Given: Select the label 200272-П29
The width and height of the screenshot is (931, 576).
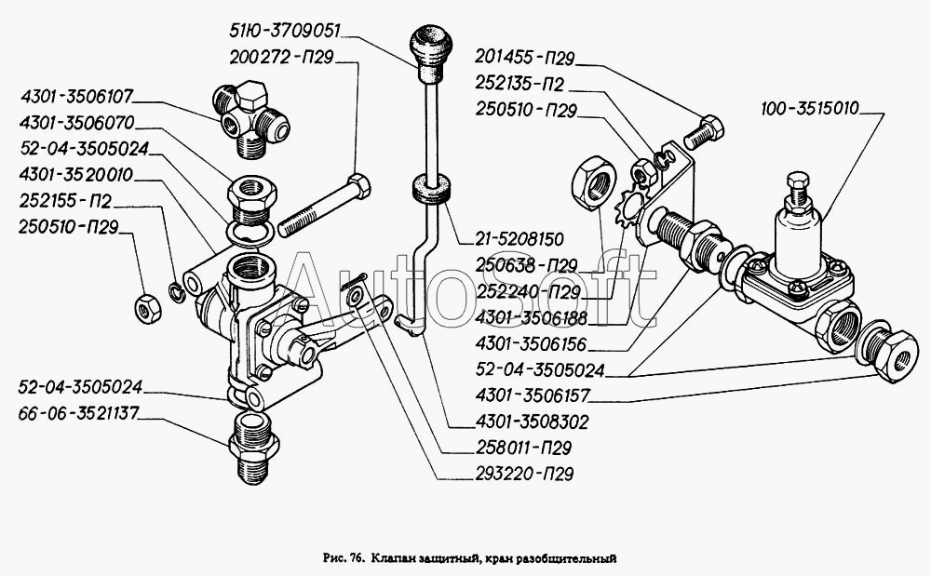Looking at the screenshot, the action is click(x=281, y=57).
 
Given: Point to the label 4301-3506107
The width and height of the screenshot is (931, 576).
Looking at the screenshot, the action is click(x=76, y=96).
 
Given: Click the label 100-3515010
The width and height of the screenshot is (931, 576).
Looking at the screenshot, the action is click(x=810, y=109).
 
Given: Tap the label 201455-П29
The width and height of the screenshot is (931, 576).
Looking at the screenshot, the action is click(x=524, y=58).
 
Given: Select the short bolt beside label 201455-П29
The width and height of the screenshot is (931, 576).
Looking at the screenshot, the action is click(x=704, y=133).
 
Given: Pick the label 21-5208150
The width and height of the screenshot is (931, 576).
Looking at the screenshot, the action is click(x=519, y=239).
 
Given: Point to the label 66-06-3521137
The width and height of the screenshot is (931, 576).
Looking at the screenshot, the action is click(x=78, y=413).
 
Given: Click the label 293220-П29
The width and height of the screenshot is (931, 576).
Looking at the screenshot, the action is click(x=524, y=475).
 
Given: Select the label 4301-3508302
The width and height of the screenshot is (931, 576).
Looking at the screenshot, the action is click(x=532, y=422).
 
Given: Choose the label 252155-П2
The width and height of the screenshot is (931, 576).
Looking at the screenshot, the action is click(x=65, y=201).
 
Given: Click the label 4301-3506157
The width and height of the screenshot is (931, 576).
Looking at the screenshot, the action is click(x=532, y=395).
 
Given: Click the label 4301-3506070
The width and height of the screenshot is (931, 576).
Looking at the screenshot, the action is click(x=76, y=123).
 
